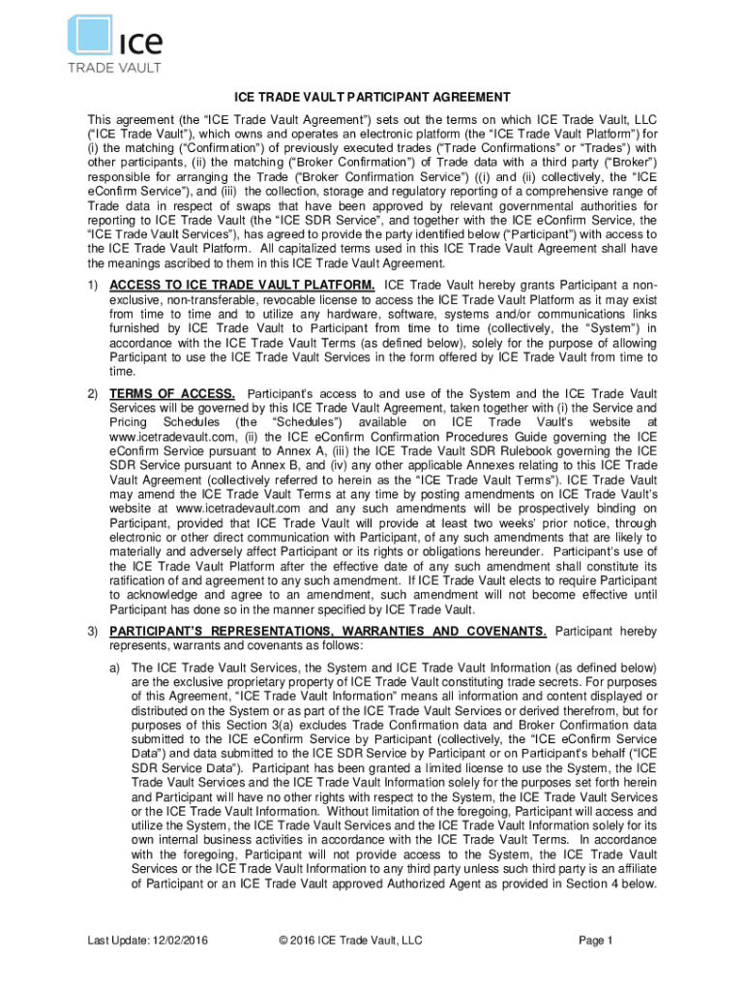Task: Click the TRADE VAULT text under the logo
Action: (x=114, y=68)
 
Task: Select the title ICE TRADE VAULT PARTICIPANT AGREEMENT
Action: (x=372, y=98)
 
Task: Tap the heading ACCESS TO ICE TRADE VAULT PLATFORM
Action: (x=243, y=285)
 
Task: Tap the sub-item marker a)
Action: (x=114, y=669)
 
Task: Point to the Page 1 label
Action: (x=595, y=941)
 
